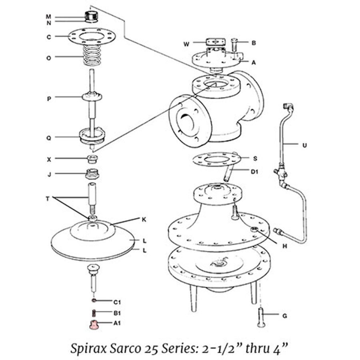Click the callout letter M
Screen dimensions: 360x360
tap(48, 17)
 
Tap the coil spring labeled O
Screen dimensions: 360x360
tap(93, 56)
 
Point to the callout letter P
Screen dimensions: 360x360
tap(49, 98)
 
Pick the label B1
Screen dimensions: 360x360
tap(117, 312)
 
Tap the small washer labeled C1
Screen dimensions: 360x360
tap(93, 300)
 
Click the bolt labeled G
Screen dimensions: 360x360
tap(261, 318)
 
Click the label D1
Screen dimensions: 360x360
tap(254, 172)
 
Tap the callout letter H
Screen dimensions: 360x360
tap(285, 246)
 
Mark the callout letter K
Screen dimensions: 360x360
tap(144, 219)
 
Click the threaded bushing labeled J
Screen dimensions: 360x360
tap(92, 174)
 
